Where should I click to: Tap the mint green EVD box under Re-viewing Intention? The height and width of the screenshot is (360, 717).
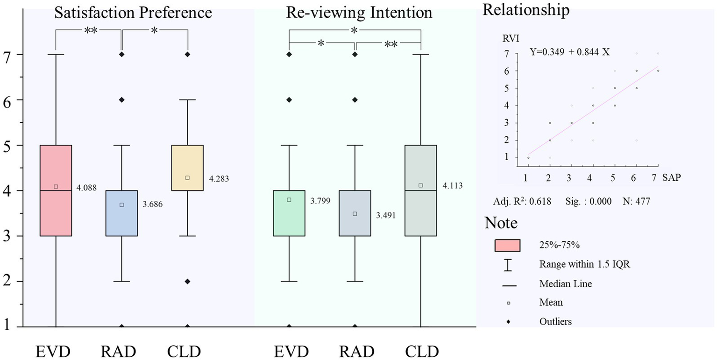click(x=289, y=213)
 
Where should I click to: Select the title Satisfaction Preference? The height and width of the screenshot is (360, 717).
click(x=133, y=13)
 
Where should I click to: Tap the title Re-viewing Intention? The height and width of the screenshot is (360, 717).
click(x=359, y=13)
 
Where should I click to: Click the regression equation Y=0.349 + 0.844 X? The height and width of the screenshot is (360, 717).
click(x=570, y=52)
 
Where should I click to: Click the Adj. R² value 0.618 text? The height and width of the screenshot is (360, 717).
click(x=522, y=202)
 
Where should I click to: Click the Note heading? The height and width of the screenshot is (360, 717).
click(x=501, y=223)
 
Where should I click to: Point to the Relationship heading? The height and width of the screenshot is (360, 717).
click(x=526, y=10)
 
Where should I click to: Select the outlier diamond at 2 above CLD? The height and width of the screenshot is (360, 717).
click(x=187, y=282)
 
